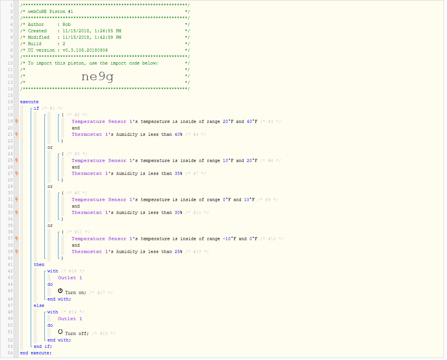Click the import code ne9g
[98, 76]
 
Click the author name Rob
[66, 25]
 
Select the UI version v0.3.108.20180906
[85, 50]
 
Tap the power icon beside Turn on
[60, 291]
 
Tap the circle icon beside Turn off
[60, 332]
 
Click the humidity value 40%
[178, 135]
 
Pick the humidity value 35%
[178, 174]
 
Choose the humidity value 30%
[178, 213]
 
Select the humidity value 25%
[178, 252]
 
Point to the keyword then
[39, 264]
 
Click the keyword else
[39, 305]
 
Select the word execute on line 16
[29, 102]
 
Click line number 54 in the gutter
[10, 353]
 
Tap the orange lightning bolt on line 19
[17, 121]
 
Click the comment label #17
[101, 293]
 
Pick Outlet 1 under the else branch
[70, 319]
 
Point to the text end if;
[43, 347]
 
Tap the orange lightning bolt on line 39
[17, 252]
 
